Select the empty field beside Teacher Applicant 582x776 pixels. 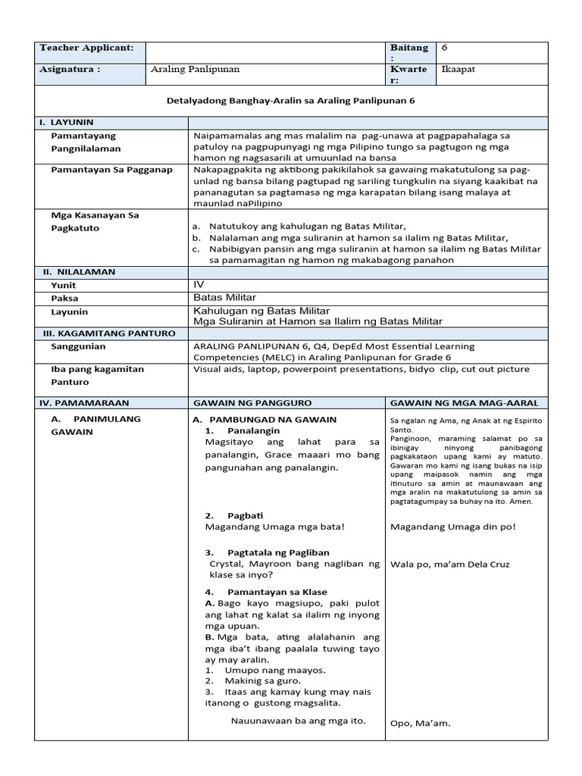pos(264,52)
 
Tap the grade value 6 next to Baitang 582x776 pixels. pos(445,48)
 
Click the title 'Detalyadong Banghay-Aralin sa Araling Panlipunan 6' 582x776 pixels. pos(290,101)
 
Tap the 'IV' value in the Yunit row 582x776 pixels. pos(199,284)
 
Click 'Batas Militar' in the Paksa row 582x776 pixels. pos(225,297)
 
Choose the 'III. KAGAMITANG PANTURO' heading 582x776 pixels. pos(107,333)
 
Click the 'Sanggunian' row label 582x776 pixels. pos(78,346)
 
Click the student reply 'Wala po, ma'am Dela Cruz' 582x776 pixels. pos(450,565)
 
